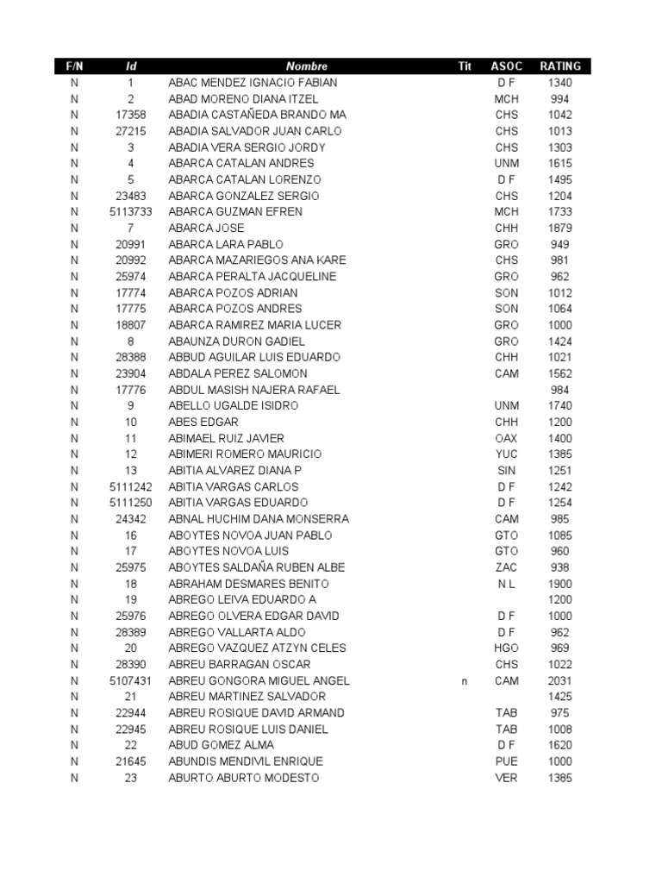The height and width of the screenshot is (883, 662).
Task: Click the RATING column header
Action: tap(560, 66)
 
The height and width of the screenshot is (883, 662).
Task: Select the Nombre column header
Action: tap(308, 66)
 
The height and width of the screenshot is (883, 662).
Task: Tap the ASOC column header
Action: tap(507, 66)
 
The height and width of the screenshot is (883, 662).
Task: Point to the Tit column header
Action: tap(465, 66)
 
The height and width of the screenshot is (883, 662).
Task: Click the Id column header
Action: tap(131, 66)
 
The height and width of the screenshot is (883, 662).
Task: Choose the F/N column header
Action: tap(74, 66)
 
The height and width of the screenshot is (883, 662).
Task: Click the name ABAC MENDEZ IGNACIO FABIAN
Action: tap(253, 83)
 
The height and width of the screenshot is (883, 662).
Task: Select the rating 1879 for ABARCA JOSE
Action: tap(559, 229)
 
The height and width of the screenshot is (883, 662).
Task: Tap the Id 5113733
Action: tap(131, 212)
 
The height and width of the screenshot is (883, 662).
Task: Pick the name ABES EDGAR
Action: tap(203, 423)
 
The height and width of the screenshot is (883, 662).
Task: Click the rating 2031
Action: tap(559, 681)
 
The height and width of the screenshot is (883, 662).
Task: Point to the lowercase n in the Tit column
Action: tap(464, 681)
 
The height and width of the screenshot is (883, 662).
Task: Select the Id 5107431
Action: tap(131, 681)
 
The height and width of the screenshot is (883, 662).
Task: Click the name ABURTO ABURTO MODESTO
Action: tap(243, 779)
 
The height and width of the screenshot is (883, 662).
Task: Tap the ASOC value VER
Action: tap(507, 779)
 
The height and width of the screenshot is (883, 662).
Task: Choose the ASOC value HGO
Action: tap(507, 648)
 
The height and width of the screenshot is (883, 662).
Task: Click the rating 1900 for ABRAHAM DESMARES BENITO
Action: tap(559, 584)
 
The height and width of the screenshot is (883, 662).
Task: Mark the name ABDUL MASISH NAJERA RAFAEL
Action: tap(254, 390)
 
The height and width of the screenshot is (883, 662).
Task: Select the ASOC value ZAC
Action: tap(507, 567)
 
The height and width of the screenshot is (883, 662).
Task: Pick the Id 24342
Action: tap(131, 519)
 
